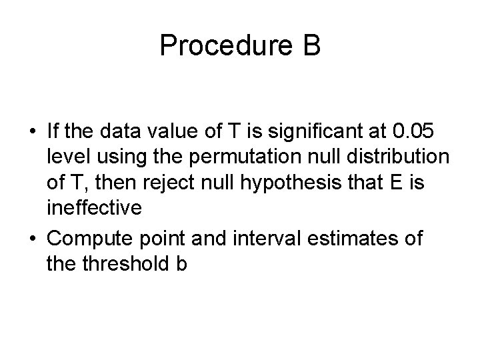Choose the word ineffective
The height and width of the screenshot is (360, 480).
tap(94, 208)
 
